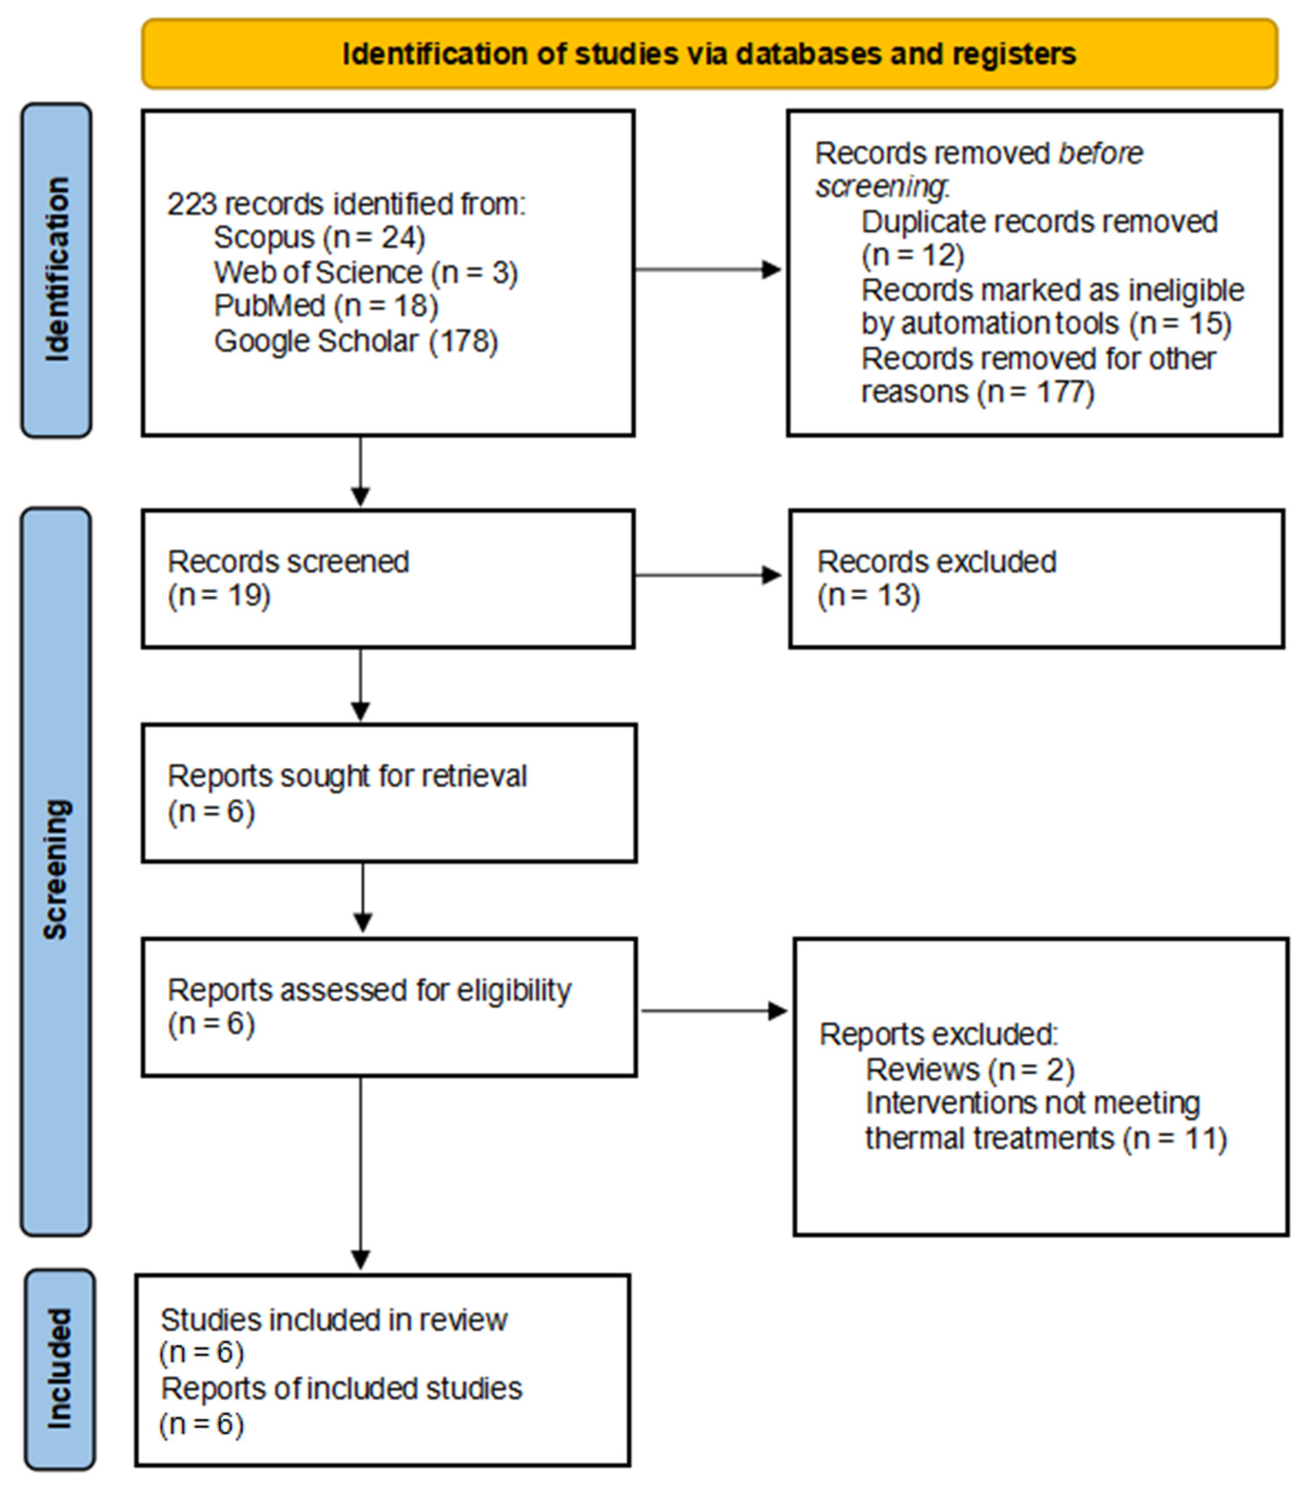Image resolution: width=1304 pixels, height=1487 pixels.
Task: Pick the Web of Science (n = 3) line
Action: (365, 272)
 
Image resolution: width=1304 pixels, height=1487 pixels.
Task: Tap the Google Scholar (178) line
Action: (356, 341)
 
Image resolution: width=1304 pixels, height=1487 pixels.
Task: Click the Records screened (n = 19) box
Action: (388, 578)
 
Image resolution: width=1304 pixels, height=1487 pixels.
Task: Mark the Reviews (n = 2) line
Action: (969, 1070)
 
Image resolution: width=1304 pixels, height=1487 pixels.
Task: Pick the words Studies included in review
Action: (333, 1320)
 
